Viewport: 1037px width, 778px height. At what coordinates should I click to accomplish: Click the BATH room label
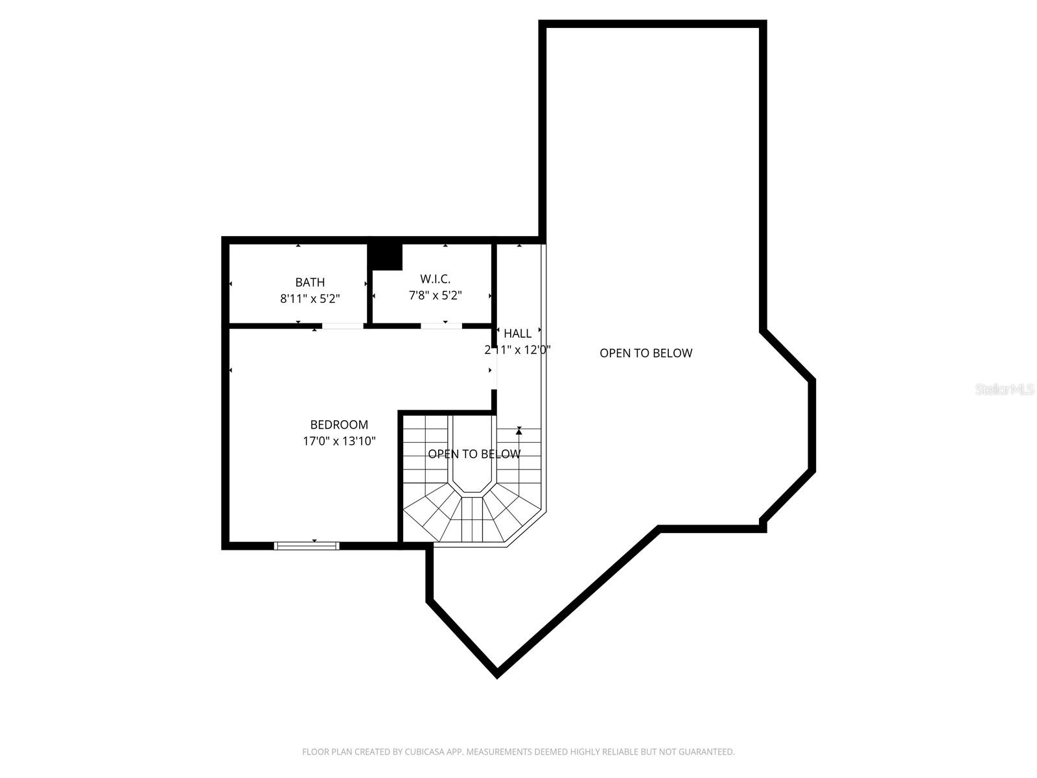click(x=310, y=282)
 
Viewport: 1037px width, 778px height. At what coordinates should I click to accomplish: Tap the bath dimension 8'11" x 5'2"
click(x=310, y=299)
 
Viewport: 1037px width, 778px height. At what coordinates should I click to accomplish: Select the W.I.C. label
click(x=435, y=279)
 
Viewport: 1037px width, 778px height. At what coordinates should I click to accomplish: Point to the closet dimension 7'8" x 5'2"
click(x=435, y=296)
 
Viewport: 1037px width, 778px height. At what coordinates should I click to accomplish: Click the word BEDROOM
click(x=339, y=425)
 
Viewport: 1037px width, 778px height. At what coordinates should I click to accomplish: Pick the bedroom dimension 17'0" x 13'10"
click(x=339, y=442)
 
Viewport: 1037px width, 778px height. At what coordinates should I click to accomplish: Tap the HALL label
click(x=517, y=333)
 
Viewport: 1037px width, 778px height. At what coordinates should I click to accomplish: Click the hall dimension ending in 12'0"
click(x=517, y=350)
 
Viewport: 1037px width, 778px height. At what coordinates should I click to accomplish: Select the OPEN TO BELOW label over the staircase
click(x=474, y=454)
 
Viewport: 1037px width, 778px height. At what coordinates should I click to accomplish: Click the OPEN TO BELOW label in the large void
click(x=646, y=353)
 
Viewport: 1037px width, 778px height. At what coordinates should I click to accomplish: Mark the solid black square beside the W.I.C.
click(x=386, y=256)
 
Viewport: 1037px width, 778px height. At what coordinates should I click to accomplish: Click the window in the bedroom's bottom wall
click(x=307, y=546)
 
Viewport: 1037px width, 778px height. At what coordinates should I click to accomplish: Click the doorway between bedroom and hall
click(x=495, y=370)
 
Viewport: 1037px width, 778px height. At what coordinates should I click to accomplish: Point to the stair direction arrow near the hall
click(x=518, y=431)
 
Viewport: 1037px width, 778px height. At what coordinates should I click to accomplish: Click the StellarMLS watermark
click(x=1004, y=390)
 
